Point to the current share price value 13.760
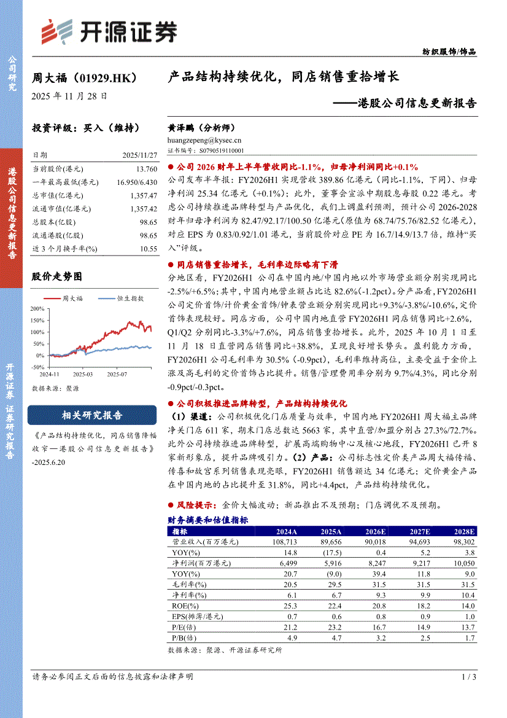[147, 168]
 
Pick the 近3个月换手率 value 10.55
[149, 249]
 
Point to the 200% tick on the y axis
[36, 308]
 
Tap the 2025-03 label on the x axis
[82, 373]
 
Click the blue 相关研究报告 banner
[92, 415]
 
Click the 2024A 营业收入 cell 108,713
[283, 542]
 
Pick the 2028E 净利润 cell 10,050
[462, 563]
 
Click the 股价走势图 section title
[56, 277]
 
